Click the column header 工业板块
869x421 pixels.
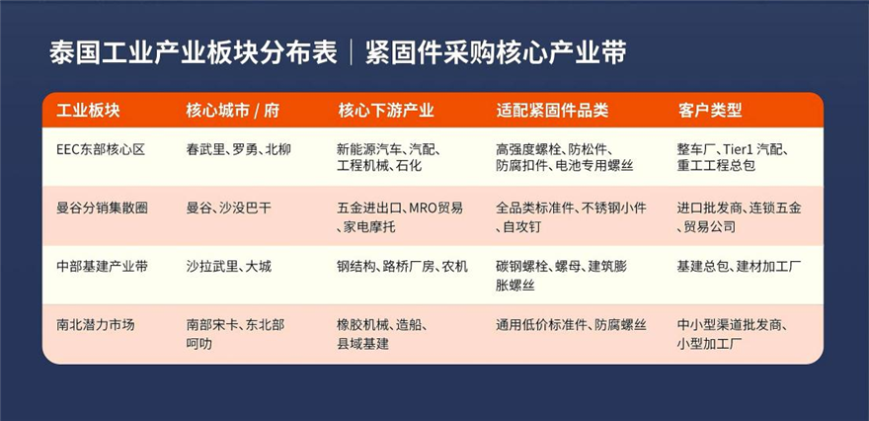click(x=88, y=111)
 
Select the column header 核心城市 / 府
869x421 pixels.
click(x=233, y=111)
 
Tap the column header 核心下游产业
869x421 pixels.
click(x=386, y=111)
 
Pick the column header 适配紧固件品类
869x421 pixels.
click(x=552, y=111)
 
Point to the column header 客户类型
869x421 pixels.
click(x=709, y=111)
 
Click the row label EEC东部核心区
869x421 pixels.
click(x=101, y=150)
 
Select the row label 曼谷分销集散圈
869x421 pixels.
click(x=102, y=209)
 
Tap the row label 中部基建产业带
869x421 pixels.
click(x=102, y=266)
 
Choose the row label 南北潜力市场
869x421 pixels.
click(x=96, y=324)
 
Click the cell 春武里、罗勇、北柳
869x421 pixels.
click(x=238, y=150)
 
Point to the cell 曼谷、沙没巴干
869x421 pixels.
click(x=229, y=209)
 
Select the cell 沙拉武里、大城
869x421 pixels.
click(x=229, y=266)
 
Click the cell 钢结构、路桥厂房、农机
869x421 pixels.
click(x=402, y=266)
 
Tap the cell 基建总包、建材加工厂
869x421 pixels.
click(x=740, y=266)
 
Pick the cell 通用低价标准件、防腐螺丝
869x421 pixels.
click(x=571, y=324)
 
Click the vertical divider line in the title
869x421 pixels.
click(x=352, y=53)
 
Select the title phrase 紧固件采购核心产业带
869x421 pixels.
click(x=496, y=53)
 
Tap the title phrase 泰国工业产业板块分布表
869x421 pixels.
click(x=194, y=53)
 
